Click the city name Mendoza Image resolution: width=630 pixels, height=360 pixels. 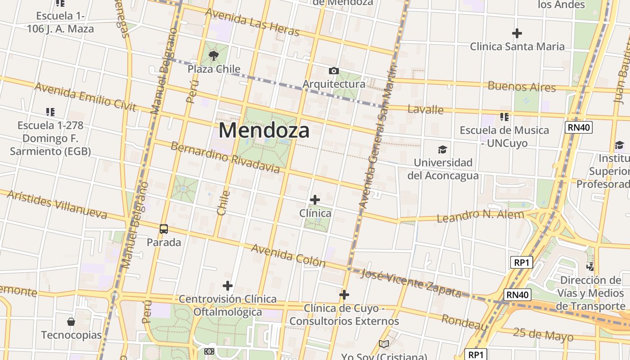tap(264, 130)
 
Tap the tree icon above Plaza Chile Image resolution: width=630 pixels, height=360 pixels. tap(214, 56)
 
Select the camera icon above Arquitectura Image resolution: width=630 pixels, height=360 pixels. tap(333, 71)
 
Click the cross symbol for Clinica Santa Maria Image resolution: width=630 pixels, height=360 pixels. tap(517, 33)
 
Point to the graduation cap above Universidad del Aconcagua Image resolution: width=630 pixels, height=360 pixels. tap(443, 149)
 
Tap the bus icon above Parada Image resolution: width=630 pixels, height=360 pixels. tap(164, 229)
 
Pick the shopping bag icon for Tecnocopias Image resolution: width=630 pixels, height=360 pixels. tap(71, 322)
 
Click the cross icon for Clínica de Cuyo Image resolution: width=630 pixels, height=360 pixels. tap(344, 295)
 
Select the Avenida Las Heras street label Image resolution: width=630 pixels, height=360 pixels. tap(252, 22)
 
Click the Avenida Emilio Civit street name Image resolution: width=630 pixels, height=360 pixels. tap(85, 96)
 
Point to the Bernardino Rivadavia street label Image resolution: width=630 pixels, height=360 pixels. tap(225, 157)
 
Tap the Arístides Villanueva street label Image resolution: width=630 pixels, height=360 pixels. tap(57, 204)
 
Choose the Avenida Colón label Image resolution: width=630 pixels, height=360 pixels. tap(288, 255)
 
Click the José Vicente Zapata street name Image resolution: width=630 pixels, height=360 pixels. tap(411, 283)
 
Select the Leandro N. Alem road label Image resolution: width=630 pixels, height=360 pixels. tap(480, 216)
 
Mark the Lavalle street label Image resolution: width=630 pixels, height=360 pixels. tap(425, 109)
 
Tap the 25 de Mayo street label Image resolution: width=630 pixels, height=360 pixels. tap(543, 335)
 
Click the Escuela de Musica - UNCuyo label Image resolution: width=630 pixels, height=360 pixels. tap(504, 136)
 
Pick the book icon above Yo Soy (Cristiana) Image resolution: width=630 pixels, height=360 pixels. tap(383, 344)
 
